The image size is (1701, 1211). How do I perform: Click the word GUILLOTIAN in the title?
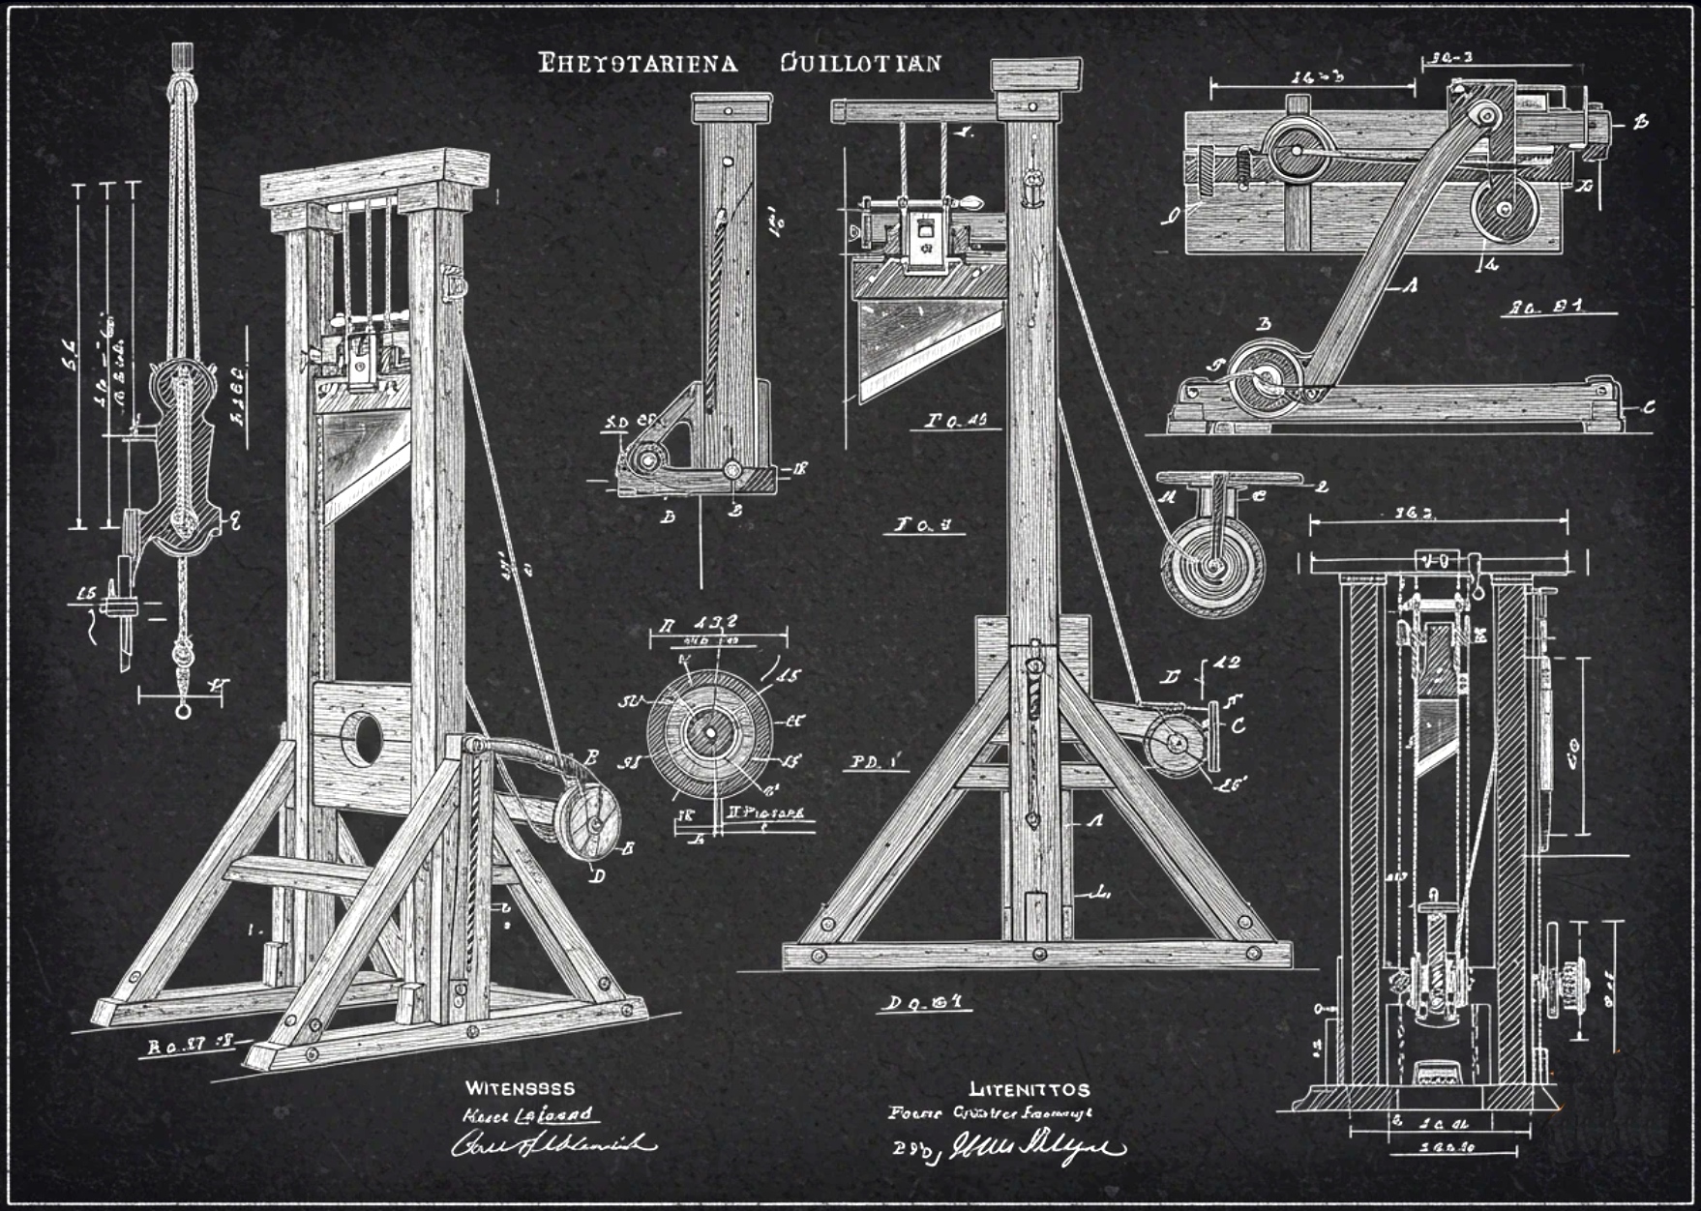tap(859, 64)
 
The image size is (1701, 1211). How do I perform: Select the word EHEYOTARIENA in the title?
tap(638, 64)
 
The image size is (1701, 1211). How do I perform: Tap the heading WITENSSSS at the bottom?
tap(520, 1088)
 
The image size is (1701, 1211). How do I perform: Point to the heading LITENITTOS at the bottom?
tap(1029, 1090)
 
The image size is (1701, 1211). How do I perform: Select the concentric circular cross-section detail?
tap(710, 732)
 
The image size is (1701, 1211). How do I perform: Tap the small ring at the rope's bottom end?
tap(183, 712)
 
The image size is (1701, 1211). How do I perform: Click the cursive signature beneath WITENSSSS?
tap(552, 1144)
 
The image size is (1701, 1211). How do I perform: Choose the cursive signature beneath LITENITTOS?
tap(1035, 1148)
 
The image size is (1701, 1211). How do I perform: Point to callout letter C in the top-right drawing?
tap(1649, 407)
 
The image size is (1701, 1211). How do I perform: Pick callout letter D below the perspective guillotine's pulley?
tap(598, 877)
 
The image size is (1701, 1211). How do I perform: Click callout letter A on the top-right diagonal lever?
tap(1411, 285)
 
